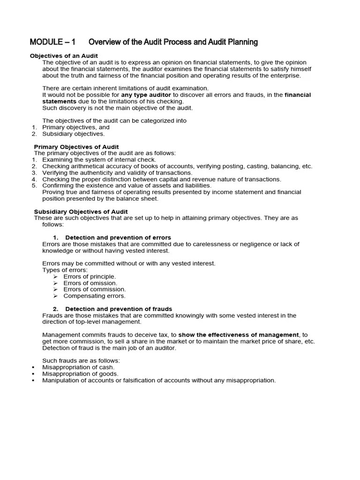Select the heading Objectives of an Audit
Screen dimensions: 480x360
click(x=64, y=56)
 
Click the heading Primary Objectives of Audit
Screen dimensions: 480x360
click(x=76, y=147)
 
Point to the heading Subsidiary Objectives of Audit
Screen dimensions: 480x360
click(x=81, y=212)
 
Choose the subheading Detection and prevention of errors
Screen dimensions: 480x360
click(x=118, y=238)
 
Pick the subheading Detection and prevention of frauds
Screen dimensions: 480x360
click(x=119, y=309)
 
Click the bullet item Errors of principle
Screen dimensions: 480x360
click(x=90, y=277)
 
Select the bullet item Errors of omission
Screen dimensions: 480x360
click(x=90, y=283)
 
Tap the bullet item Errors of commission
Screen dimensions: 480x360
click(x=95, y=290)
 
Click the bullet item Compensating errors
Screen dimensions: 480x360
click(x=95, y=296)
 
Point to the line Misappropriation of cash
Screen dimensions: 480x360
click(x=78, y=367)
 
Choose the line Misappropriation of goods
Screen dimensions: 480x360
click(x=80, y=374)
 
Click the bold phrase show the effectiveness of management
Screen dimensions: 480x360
click(x=239, y=335)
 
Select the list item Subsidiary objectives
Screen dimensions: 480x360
click(x=74, y=134)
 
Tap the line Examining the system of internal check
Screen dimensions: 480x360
click(x=99, y=160)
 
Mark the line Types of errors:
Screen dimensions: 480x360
click(x=65, y=270)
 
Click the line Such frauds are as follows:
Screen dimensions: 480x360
click(x=81, y=360)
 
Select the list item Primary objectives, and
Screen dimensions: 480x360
click(x=76, y=127)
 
